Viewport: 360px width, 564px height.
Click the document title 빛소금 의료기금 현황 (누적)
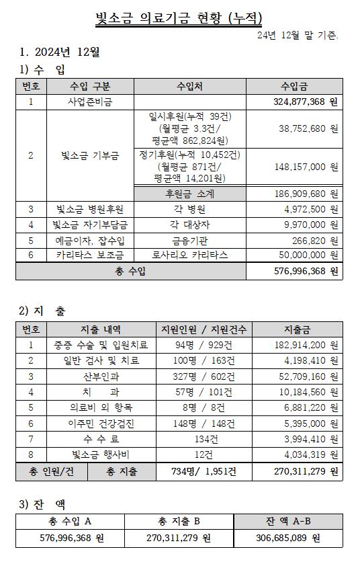[x=179, y=18]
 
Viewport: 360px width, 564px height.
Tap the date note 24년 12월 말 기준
[x=298, y=35]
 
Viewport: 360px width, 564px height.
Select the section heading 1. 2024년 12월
[x=60, y=51]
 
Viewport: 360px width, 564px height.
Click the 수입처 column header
[x=189, y=86]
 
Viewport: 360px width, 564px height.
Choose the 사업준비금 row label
[x=90, y=102]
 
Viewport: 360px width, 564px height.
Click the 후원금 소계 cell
[x=189, y=194]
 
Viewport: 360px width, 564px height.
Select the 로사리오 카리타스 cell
[x=189, y=255]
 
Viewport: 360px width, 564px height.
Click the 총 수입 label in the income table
[x=130, y=271]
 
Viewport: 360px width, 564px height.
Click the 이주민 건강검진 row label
[x=100, y=423]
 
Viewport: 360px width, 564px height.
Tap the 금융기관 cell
[x=189, y=240]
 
